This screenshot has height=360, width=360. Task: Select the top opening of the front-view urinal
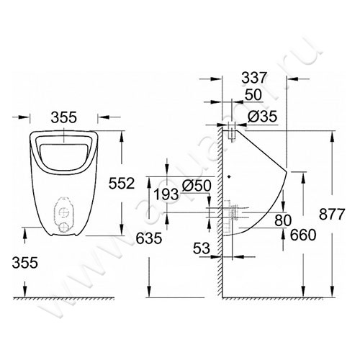point(63,148)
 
